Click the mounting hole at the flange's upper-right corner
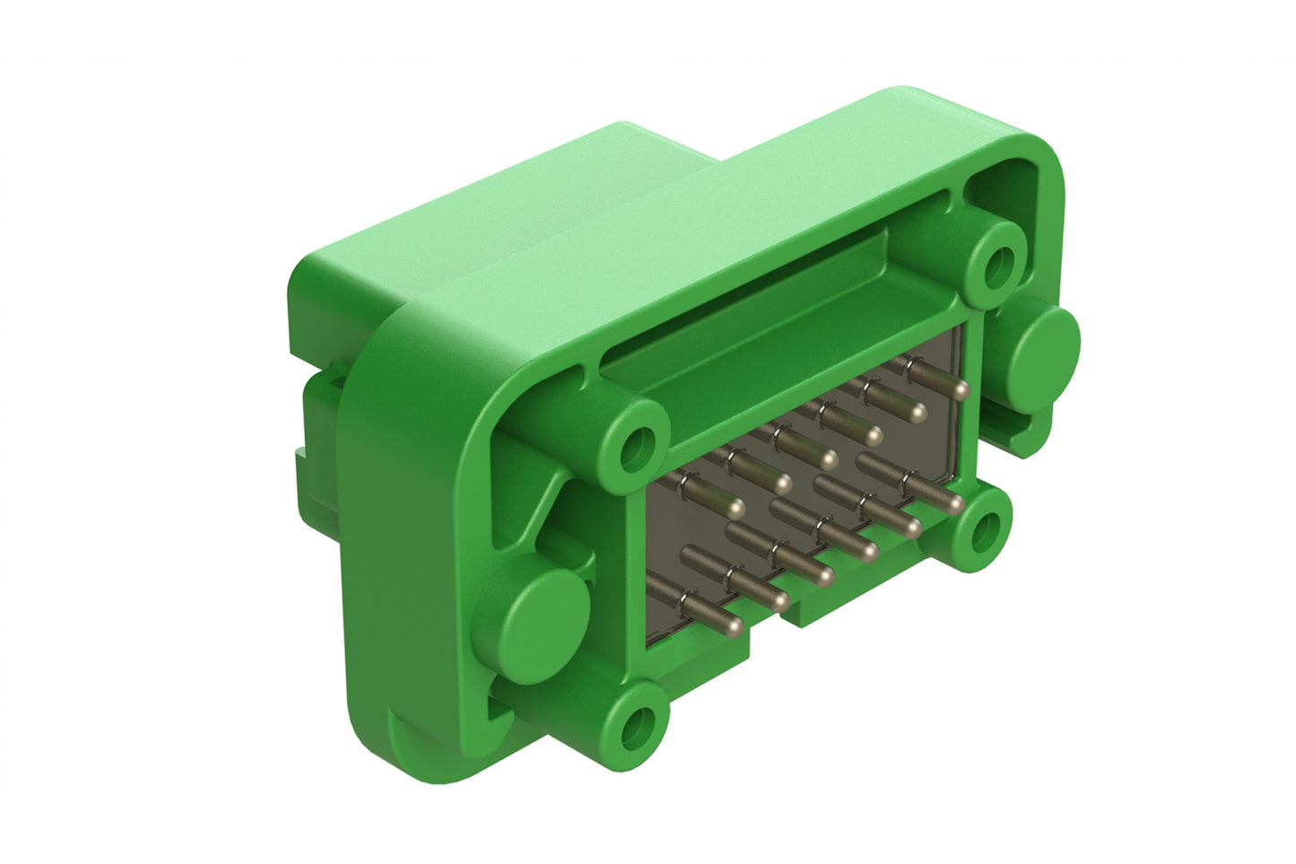click(997, 261)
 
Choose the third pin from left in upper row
click(829, 461)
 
